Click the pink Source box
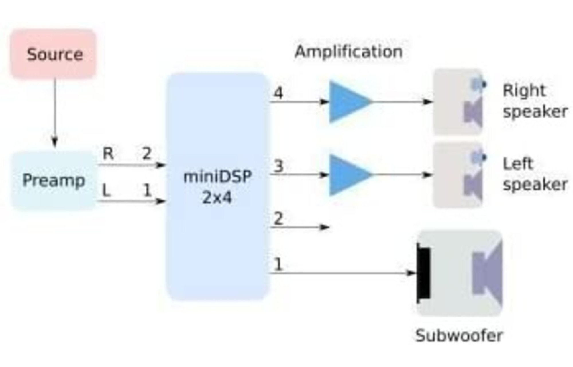54,54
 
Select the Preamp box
54,181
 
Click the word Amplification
349,52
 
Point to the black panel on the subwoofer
423,274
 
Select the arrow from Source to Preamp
54,112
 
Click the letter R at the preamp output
108,154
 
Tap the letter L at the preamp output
106,190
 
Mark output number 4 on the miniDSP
278,93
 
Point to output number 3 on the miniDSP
278,166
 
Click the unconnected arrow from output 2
300,227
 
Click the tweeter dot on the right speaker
484,84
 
